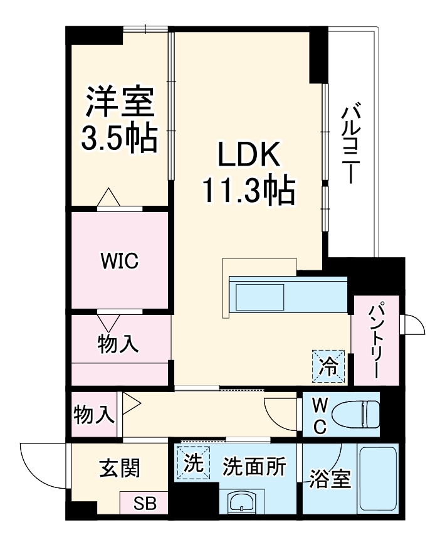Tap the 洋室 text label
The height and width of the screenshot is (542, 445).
(120, 102)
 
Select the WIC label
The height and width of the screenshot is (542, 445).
(120, 262)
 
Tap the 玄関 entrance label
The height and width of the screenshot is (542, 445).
(119, 467)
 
